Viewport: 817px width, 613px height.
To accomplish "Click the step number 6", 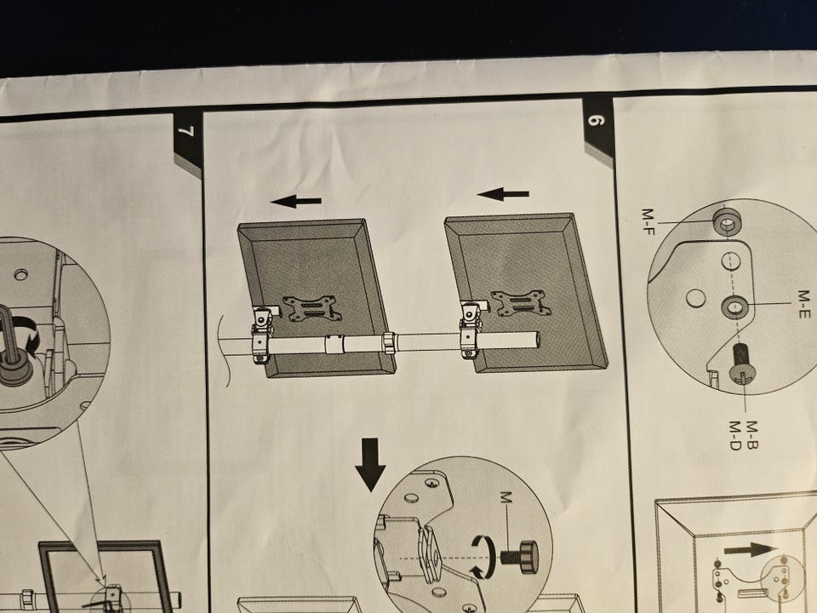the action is click(x=596, y=120).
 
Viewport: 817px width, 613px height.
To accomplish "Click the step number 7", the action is click(x=186, y=131).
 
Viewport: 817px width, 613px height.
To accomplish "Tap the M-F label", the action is click(x=648, y=221).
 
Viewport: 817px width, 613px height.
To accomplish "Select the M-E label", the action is click(x=804, y=305).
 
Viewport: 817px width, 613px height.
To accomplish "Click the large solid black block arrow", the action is click(x=370, y=465).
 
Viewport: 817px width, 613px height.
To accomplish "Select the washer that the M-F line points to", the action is click(x=728, y=222).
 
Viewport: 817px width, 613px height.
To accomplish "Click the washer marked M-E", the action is click(x=734, y=307).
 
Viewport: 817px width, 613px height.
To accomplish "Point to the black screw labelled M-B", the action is click(x=741, y=364).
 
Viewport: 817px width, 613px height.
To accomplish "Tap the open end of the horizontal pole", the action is click(x=536, y=340).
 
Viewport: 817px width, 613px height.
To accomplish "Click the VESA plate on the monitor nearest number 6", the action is click(x=519, y=303).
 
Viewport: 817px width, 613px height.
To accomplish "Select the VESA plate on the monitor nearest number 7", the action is click(x=312, y=309).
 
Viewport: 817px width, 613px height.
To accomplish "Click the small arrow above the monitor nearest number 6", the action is click(x=503, y=194).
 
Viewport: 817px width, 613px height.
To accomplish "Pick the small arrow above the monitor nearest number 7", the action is click(x=296, y=201).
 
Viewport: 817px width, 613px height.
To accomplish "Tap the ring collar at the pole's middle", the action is click(x=389, y=342).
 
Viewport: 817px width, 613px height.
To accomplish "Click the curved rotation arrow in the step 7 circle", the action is click(x=26, y=332).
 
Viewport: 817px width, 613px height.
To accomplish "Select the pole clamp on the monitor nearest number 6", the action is click(x=470, y=329).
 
